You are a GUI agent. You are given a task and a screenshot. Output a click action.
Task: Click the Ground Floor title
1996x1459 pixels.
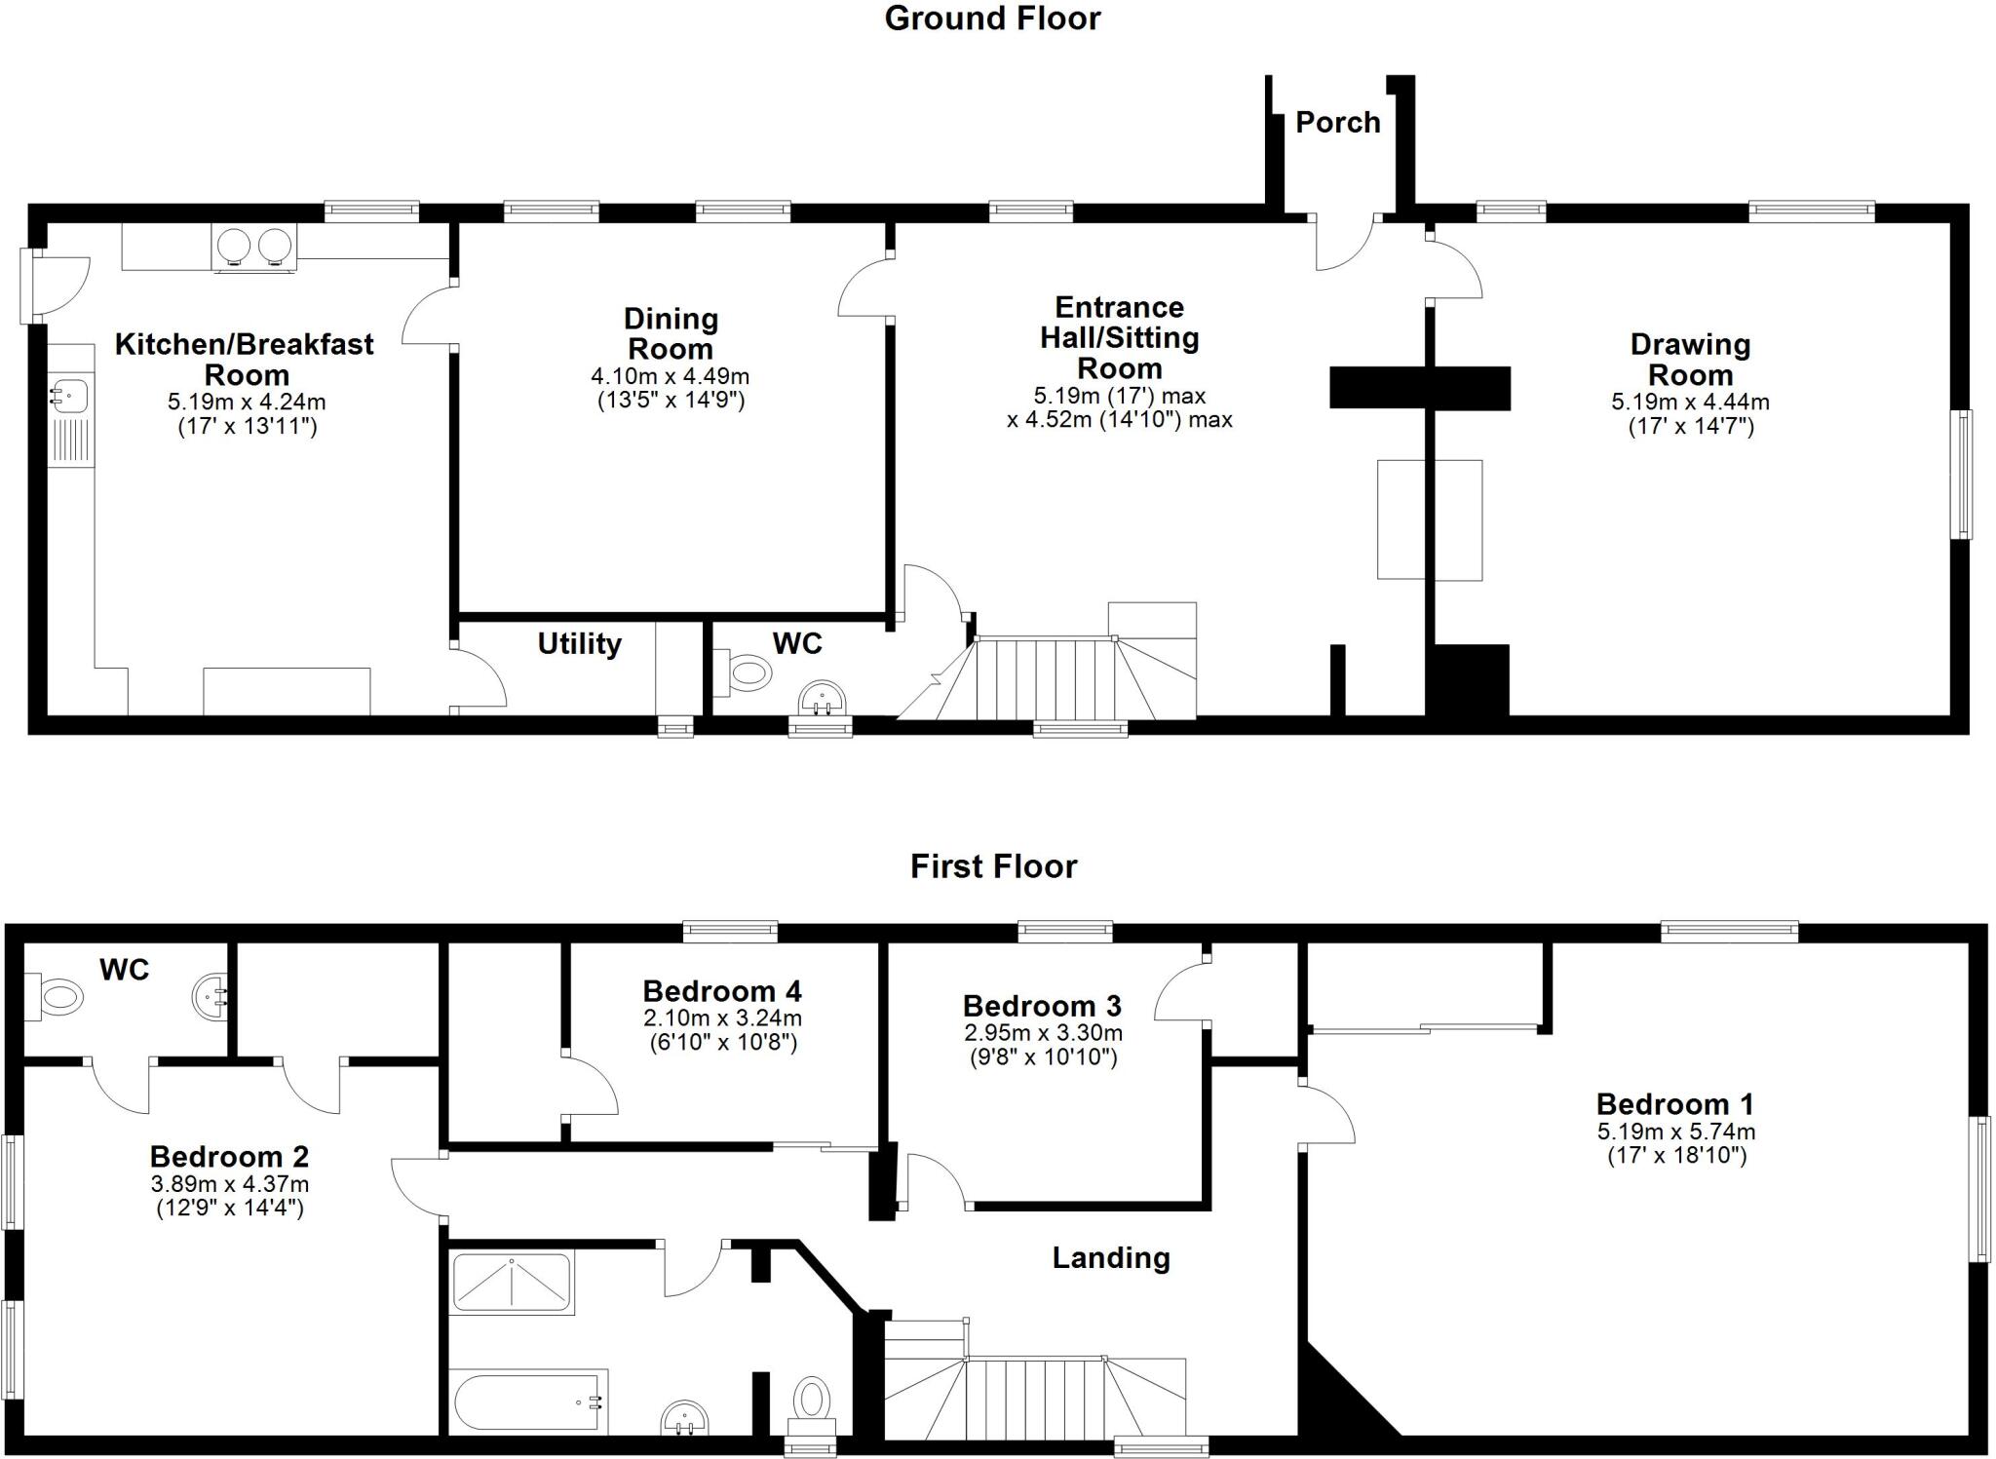[x=992, y=19]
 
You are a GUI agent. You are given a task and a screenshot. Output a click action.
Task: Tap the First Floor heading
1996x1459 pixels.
[x=993, y=866]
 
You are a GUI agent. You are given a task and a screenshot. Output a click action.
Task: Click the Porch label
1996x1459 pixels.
[x=1337, y=123]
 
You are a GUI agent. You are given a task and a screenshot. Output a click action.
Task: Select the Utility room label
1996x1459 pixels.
[x=579, y=643]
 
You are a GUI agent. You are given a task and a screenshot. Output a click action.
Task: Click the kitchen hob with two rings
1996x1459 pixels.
[x=254, y=246]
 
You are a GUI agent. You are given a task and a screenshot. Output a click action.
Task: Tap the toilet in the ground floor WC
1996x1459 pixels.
[x=745, y=672]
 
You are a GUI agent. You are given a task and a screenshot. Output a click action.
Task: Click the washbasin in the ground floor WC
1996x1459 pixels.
[x=823, y=699]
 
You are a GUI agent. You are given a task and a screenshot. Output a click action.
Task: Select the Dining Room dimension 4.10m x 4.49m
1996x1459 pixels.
[x=670, y=376]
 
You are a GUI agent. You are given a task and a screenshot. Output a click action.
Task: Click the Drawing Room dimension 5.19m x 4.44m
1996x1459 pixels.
[x=1690, y=402]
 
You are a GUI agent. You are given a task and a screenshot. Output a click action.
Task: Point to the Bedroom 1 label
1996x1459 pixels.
[x=1674, y=1104]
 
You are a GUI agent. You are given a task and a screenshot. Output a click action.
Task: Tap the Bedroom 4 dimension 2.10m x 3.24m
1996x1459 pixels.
[x=722, y=1018]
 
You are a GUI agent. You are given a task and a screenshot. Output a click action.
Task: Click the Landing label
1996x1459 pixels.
[x=1111, y=1258]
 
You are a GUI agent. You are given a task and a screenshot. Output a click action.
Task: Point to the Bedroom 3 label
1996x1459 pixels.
[x=1042, y=1006]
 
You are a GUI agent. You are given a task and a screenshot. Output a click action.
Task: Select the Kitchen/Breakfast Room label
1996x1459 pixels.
[x=245, y=359]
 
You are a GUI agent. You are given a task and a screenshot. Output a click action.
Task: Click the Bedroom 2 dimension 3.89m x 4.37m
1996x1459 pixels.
[x=229, y=1185]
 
